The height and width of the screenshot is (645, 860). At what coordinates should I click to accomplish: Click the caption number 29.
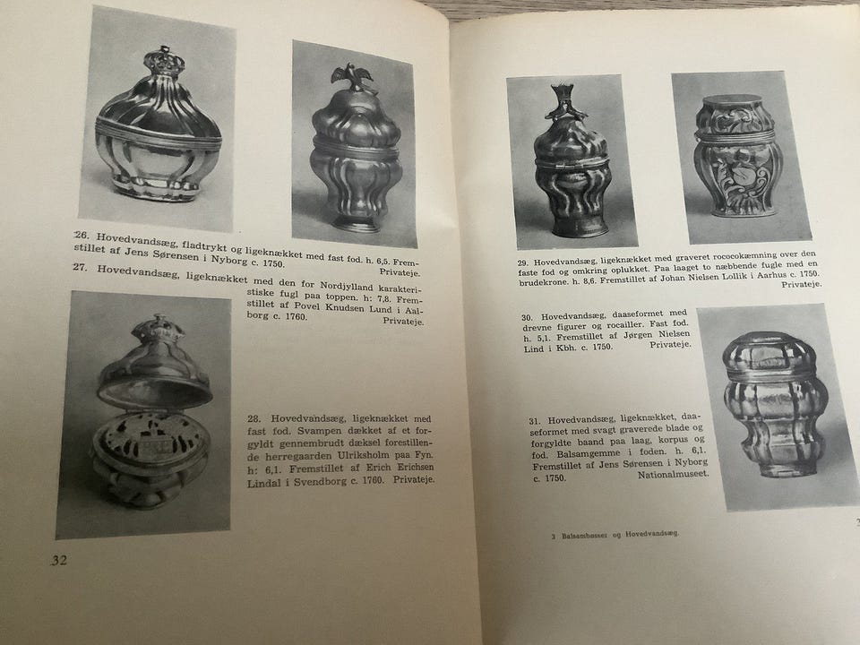click(x=526, y=262)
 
